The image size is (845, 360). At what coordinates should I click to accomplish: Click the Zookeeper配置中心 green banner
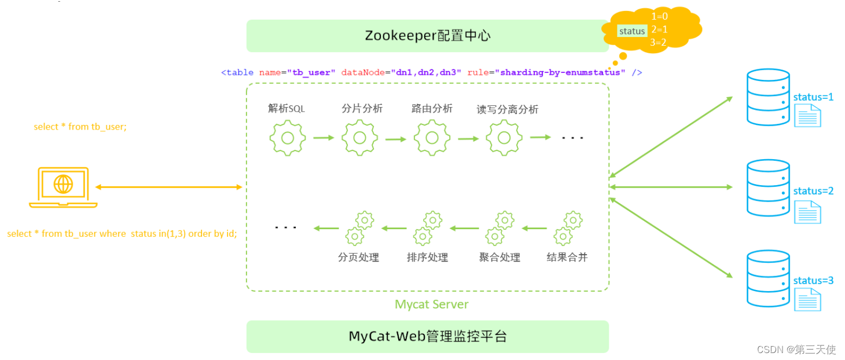point(427,36)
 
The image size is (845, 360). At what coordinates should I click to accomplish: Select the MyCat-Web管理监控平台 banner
point(427,336)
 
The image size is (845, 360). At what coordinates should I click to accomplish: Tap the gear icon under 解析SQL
point(287,138)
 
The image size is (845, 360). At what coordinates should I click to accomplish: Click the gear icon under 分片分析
point(359,138)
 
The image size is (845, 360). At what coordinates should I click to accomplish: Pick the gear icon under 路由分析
point(432,138)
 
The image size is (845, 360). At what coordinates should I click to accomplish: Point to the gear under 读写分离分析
point(504,138)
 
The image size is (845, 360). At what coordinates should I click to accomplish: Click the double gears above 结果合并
point(567,228)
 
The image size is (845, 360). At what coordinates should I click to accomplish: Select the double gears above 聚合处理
point(499,228)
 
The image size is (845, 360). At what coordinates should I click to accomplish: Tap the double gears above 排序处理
point(428,228)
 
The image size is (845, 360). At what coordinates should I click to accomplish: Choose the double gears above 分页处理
point(359,228)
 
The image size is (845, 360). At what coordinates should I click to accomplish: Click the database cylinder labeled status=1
point(768,97)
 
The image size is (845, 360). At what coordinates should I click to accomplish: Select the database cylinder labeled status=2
point(768,188)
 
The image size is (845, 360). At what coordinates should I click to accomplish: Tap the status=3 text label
point(813,281)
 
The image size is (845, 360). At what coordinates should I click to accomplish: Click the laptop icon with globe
point(63,187)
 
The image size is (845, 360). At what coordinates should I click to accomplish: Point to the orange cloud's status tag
point(631,31)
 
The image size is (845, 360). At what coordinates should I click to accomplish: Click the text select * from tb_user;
point(80,127)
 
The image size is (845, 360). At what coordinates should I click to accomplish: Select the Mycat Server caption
point(431,304)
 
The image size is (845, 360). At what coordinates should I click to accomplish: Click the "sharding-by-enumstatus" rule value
point(563,73)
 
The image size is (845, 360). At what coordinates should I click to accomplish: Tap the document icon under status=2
point(807,212)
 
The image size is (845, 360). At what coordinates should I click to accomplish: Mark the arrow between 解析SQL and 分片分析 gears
point(324,138)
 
